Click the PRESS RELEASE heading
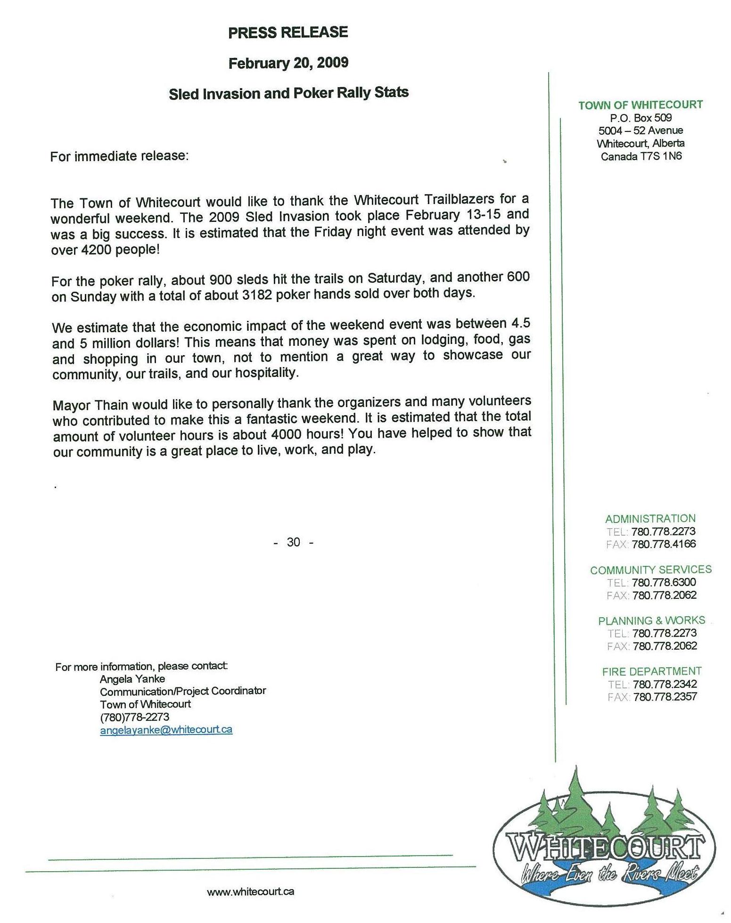(x=288, y=33)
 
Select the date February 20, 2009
(x=288, y=63)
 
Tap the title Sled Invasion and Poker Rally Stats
(x=288, y=93)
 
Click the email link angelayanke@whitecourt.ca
(x=166, y=730)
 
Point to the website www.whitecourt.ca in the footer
(x=250, y=891)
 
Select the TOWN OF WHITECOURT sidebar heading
(x=641, y=105)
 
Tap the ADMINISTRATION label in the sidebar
(x=650, y=519)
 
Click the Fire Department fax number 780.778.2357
(x=665, y=697)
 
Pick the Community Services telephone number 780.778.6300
(x=664, y=582)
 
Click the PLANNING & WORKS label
(x=651, y=621)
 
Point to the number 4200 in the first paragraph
(x=96, y=250)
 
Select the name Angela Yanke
(x=132, y=679)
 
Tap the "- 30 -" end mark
(x=293, y=542)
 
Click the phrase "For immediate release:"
(x=119, y=156)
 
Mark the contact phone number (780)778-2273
(x=134, y=717)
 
